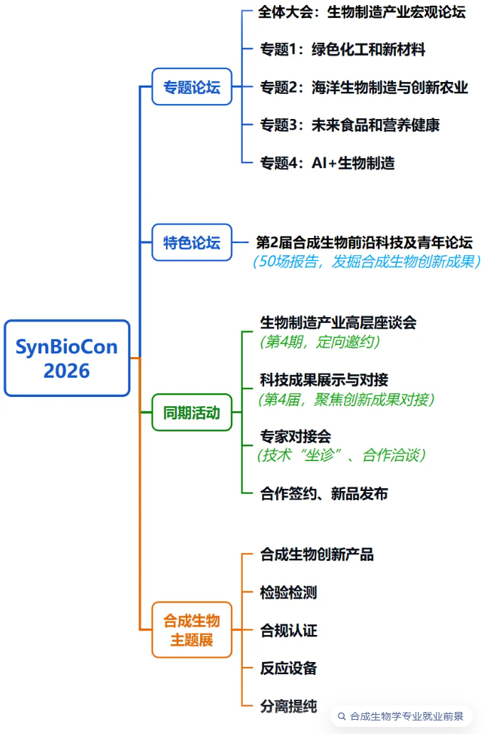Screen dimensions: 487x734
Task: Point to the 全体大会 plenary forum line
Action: (362, 11)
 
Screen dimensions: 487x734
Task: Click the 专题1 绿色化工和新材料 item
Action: (342, 49)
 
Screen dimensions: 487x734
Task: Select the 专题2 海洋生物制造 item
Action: (364, 87)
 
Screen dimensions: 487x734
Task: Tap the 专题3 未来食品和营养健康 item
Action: (350, 125)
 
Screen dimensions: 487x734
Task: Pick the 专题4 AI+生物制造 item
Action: (328, 163)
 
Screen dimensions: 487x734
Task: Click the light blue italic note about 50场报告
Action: (366, 262)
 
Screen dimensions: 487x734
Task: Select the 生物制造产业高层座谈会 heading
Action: (338, 323)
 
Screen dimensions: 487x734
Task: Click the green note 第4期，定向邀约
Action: (320, 342)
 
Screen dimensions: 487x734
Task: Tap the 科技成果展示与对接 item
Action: (324, 380)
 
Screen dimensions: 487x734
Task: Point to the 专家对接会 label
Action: (295, 436)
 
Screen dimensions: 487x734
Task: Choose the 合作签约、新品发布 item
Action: (324, 493)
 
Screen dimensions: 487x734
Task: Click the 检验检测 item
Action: (288, 593)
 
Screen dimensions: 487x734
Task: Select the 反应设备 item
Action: (288, 668)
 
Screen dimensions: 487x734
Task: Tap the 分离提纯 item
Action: (288, 706)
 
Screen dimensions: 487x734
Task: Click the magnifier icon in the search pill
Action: (342, 716)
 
